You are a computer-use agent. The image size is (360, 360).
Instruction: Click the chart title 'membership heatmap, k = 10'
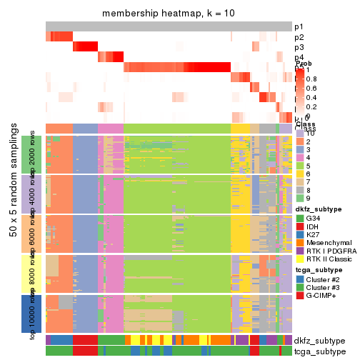(168, 14)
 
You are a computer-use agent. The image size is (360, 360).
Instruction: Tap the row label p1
(299, 26)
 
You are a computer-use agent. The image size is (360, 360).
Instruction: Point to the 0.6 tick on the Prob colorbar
(311, 89)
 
